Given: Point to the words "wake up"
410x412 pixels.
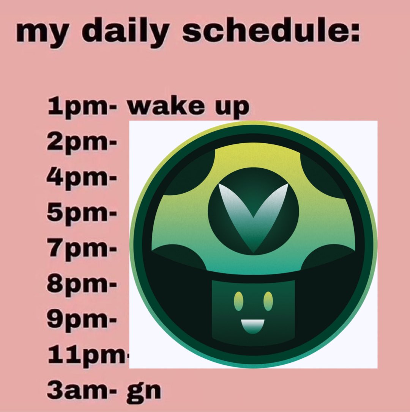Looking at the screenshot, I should (189, 107).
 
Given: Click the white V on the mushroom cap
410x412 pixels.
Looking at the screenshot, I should (253, 212).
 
